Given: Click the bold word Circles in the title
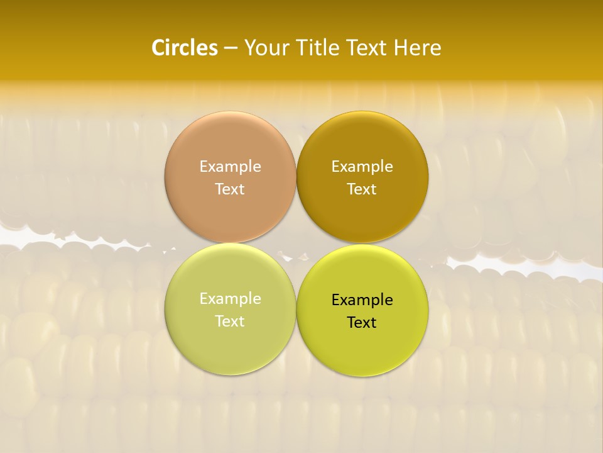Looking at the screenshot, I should tap(185, 48).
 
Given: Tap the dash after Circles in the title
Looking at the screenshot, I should tap(230, 48).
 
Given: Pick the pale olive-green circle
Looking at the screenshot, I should tap(230, 349).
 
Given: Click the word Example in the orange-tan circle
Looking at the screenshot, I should tap(230, 167).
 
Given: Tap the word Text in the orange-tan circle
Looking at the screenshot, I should tap(230, 189).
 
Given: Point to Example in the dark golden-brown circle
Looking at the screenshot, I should tap(362, 167).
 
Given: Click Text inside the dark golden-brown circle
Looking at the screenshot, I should tap(362, 189).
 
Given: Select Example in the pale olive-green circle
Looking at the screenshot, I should tap(230, 299).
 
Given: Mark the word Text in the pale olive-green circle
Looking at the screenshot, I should tap(230, 321).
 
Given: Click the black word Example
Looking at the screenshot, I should tap(362, 300).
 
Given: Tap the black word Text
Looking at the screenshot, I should tap(362, 322).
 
